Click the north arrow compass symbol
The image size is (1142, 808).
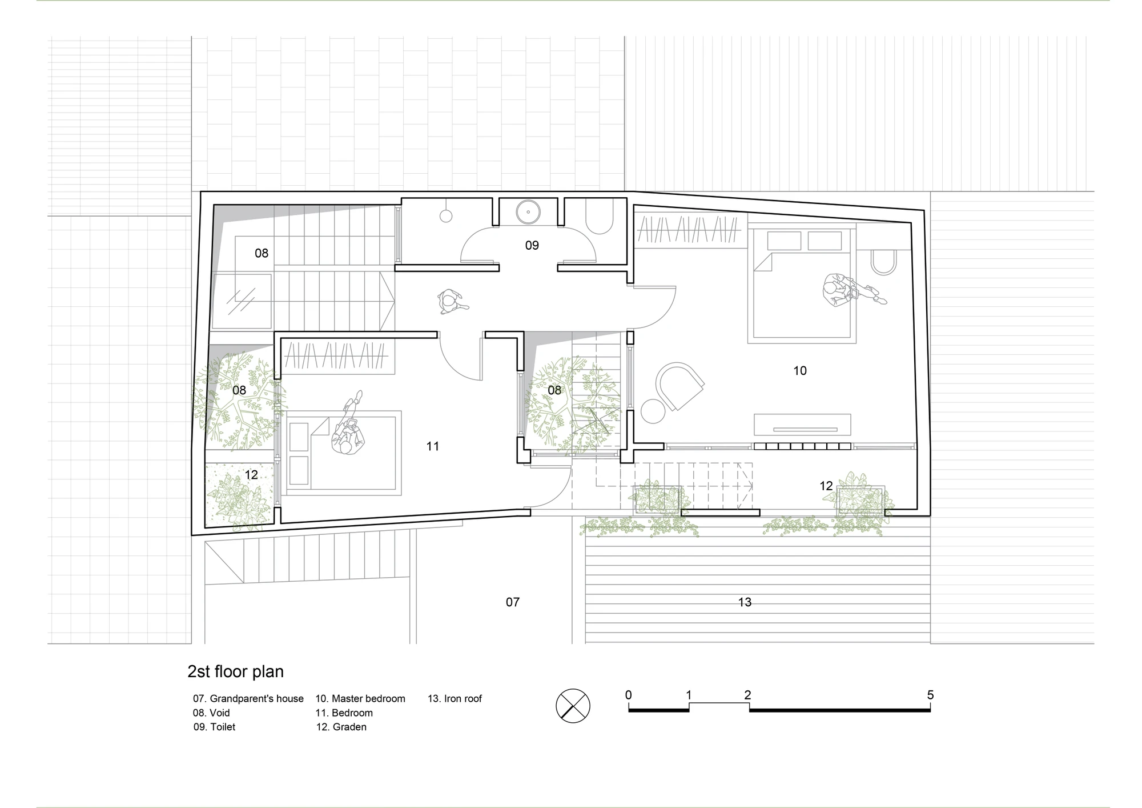tap(573, 706)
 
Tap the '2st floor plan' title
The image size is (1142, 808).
tap(235, 671)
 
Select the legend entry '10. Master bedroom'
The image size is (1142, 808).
tap(360, 699)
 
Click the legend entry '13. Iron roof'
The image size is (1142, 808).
tap(455, 699)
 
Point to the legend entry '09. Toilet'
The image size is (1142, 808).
tap(214, 727)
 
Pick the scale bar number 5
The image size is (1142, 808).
tap(930, 695)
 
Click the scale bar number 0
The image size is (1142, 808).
tap(629, 695)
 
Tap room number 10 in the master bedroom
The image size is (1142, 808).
tap(800, 371)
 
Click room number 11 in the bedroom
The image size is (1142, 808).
tap(433, 446)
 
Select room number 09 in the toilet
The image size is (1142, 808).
tap(532, 245)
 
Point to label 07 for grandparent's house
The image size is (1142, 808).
tap(513, 602)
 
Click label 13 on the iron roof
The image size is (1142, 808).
tap(745, 602)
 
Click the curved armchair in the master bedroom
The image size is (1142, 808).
tap(679, 386)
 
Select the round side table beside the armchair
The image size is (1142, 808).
tap(653, 411)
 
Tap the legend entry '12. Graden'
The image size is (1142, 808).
tap(341, 727)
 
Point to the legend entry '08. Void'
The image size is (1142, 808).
tap(211, 713)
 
